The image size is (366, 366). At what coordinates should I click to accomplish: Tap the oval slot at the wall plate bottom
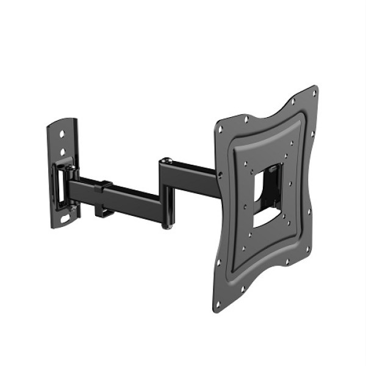coord(65,216)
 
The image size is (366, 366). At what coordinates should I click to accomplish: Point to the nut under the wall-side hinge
coord(73,209)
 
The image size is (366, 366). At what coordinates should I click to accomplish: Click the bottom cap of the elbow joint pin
coord(167,227)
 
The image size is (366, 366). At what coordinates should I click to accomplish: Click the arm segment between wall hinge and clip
coord(85,185)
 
